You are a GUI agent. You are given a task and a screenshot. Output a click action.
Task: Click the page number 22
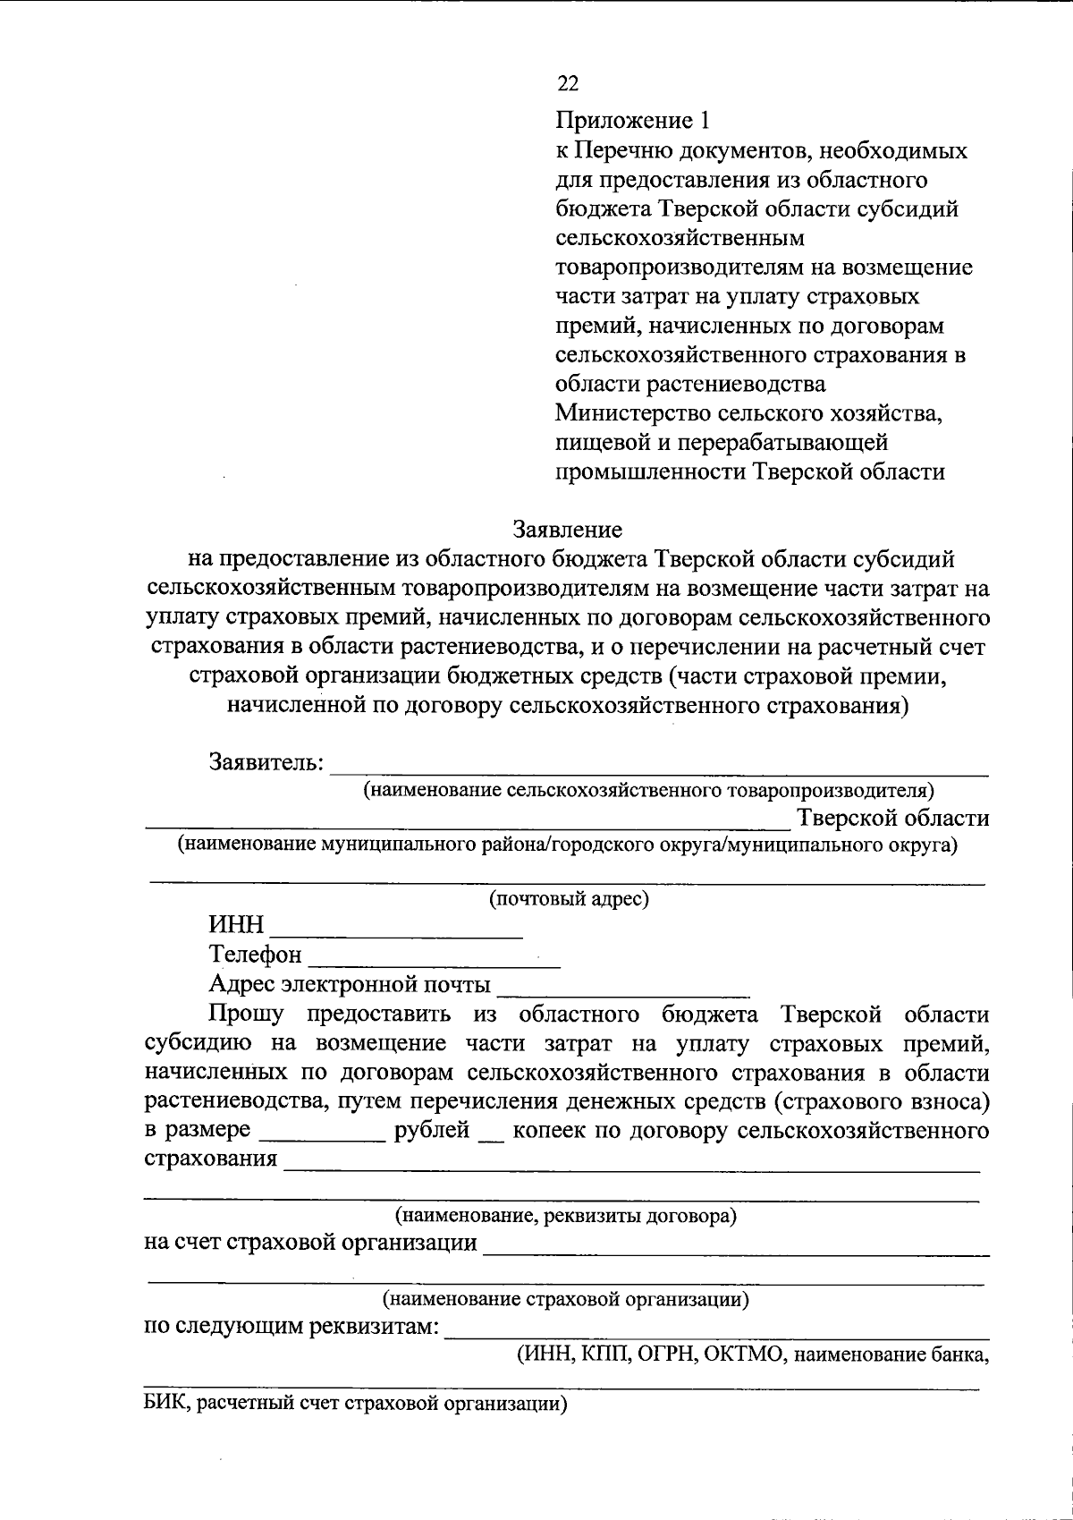coord(567,84)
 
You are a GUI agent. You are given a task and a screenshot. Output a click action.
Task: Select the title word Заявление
coord(567,530)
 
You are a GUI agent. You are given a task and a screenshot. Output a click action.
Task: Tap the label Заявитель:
coord(266,762)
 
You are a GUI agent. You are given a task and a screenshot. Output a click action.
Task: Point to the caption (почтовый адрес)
coord(568,899)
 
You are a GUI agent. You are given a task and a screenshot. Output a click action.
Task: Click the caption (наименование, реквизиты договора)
coord(566,1217)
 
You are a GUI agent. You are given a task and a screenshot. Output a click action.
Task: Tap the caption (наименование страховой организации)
coord(566,1298)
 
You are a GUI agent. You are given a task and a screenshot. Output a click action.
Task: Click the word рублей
coord(432,1130)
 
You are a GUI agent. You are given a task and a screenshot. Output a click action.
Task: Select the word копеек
coord(550,1130)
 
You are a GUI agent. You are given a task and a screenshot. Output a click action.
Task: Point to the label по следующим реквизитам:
coord(291,1326)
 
